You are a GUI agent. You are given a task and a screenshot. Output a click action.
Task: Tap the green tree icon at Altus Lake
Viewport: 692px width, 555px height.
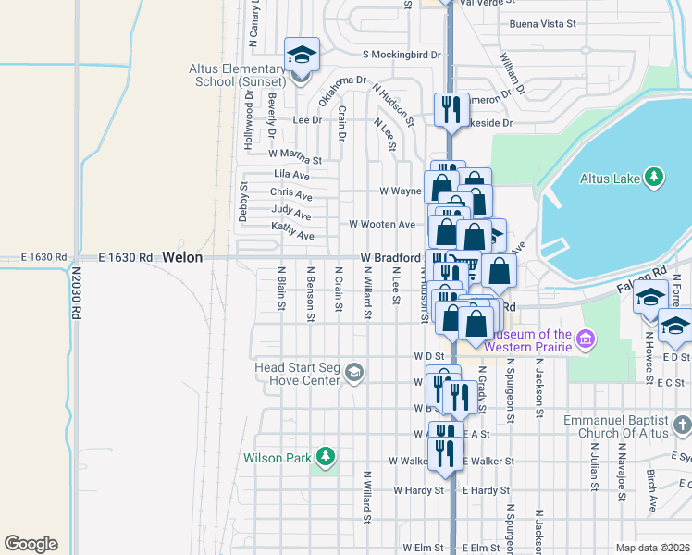coord(654,177)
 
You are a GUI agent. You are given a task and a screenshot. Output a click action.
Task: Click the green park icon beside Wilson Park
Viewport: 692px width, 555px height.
coord(325,456)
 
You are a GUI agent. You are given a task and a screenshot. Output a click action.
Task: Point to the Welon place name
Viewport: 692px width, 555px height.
coord(182,258)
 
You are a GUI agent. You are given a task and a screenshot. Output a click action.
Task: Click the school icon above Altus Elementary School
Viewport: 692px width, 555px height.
coord(302,55)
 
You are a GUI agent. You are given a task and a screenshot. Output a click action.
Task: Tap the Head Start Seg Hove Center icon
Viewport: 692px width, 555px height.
coord(353,373)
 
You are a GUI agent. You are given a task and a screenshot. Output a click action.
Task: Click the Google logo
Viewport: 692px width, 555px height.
coord(31,544)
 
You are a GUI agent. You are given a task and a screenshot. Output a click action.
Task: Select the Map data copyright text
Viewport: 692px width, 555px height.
coord(651,548)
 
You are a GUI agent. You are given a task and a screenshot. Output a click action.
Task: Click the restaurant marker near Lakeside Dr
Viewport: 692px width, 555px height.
coord(450,109)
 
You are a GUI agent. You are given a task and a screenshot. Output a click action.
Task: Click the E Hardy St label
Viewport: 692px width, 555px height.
coord(485,490)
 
